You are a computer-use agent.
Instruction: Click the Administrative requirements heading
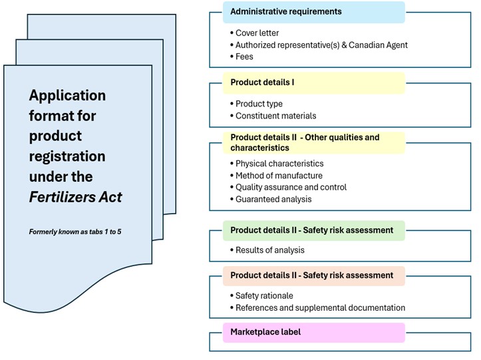[285, 11]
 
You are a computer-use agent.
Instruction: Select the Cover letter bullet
[257, 33]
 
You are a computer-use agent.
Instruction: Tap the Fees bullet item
[244, 57]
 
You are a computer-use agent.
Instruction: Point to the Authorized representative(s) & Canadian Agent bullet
[321, 45]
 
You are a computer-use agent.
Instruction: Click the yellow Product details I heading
[262, 83]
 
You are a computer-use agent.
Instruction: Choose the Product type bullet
[259, 104]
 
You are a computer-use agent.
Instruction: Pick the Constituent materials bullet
[275, 116]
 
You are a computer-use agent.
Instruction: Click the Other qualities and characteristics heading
[305, 142]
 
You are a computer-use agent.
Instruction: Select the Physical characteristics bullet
[279, 164]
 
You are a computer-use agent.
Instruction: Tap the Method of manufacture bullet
[279, 176]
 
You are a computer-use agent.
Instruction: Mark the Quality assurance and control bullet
[291, 187]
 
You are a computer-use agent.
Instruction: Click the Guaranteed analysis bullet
[273, 199]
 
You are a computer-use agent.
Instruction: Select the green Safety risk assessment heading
[311, 230]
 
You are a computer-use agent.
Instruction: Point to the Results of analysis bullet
[270, 250]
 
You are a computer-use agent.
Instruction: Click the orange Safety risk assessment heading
[311, 275]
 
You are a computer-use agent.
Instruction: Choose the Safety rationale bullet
[264, 295]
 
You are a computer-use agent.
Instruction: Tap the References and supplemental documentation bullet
[320, 307]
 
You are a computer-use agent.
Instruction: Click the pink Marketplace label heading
[265, 331]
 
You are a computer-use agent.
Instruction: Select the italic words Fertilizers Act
[75, 197]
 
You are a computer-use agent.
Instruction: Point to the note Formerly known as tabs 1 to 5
[75, 232]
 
